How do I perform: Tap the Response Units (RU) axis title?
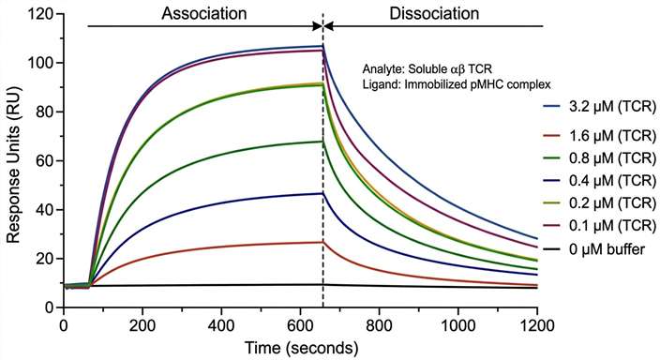coord(15,160)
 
